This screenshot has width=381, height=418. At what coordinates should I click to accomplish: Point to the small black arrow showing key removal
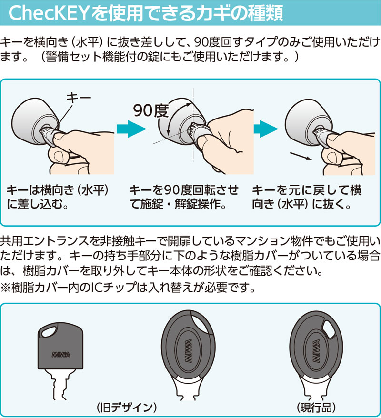coord(301,156)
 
